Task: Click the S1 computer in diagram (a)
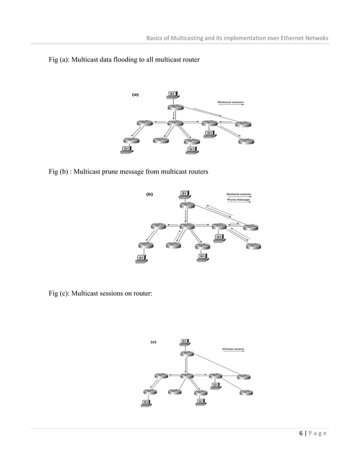click(173, 95)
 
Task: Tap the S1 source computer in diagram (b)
click(185, 195)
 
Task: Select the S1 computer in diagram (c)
click(185, 342)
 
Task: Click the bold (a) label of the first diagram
click(135, 95)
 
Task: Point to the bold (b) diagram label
click(150, 195)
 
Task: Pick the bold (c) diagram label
click(153, 341)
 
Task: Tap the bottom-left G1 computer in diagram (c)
click(146, 402)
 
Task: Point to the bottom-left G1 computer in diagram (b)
click(141, 258)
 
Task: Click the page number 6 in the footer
click(301, 433)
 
